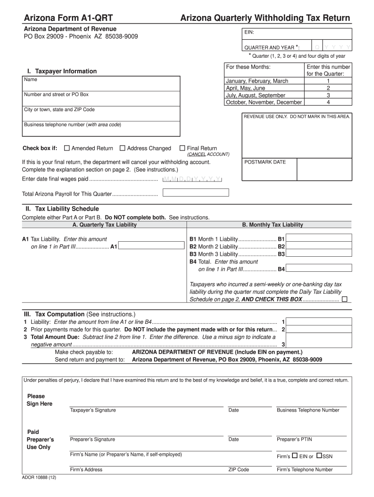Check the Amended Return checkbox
67,149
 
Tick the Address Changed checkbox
122,149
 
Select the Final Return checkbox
183,149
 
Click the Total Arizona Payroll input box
196,193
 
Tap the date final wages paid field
192,179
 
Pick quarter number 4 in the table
328,102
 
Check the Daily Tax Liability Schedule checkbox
344,299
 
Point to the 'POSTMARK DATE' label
265,162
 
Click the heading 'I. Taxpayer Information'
62,71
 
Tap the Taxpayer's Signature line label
93,410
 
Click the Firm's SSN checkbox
319,456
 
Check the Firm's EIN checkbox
294,456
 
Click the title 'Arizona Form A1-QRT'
68,18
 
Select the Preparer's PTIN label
294,439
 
